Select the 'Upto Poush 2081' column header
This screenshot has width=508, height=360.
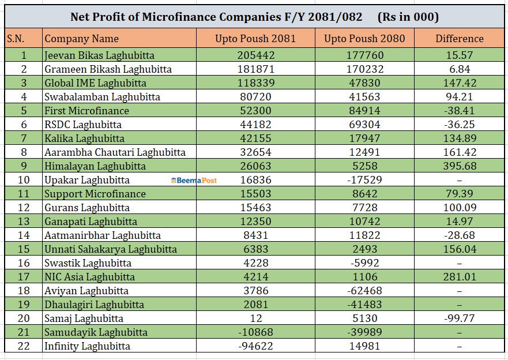tap(255, 39)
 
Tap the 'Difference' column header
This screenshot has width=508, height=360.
tap(460, 39)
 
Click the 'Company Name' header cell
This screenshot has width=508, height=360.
tap(81, 39)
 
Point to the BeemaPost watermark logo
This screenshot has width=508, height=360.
tap(194, 180)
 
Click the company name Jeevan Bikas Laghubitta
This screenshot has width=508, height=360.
tap(99, 55)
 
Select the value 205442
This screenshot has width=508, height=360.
tap(256, 55)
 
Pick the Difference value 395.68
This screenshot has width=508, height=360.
tap(460, 166)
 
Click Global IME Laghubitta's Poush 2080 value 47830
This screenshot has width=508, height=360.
tap(364, 83)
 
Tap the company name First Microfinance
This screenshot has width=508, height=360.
tap(86, 111)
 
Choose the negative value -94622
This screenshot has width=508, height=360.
tap(256, 346)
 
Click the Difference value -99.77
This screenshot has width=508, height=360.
tap(460, 318)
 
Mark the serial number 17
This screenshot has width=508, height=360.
tap(24, 277)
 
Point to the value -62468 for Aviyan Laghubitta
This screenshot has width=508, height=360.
tap(364, 291)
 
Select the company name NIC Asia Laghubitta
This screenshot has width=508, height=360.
tap(89, 277)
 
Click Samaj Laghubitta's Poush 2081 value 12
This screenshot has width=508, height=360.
tap(256, 318)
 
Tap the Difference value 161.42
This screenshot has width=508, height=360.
tap(460, 152)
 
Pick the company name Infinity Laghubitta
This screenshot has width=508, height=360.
tap(87, 346)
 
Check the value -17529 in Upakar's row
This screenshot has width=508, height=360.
tap(364, 180)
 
